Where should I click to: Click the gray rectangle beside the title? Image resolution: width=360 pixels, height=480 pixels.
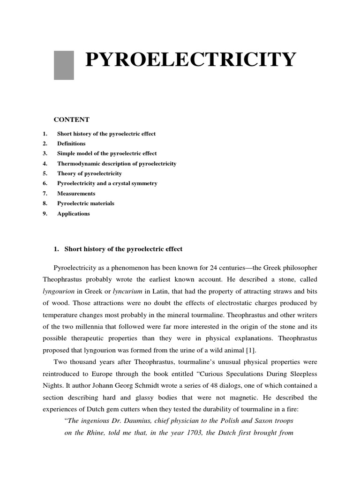64,65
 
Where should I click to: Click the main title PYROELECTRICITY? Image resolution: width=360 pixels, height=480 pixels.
190,60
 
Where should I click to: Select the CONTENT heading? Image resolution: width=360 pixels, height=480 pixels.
71,120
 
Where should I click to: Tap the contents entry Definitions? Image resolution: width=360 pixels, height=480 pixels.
71,143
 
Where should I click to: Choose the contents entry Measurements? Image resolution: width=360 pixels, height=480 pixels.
76,193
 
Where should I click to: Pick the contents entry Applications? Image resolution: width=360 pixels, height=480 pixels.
73,213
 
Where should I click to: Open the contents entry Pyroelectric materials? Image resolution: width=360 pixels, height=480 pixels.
85,203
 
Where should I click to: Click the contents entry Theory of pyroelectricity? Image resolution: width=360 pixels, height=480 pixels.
89,173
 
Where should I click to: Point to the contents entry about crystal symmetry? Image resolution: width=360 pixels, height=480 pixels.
107,183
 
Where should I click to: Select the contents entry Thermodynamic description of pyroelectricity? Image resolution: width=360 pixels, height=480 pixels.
116,164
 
